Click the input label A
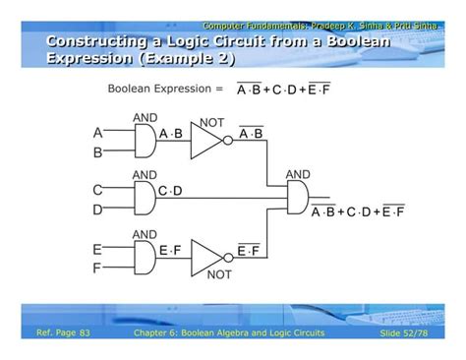click(x=98, y=133)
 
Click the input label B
click(x=98, y=153)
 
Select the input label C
click(x=98, y=189)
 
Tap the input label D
click(x=98, y=210)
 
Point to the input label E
click(x=98, y=250)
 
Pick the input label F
click(x=98, y=268)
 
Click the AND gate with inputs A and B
click(x=144, y=142)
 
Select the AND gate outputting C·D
click(x=144, y=199)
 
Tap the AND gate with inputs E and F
click(x=144, y=259)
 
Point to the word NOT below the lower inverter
click(x=218, y=275)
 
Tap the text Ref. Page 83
click(x=63, y=333)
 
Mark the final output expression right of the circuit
click(x=357, y=210)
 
